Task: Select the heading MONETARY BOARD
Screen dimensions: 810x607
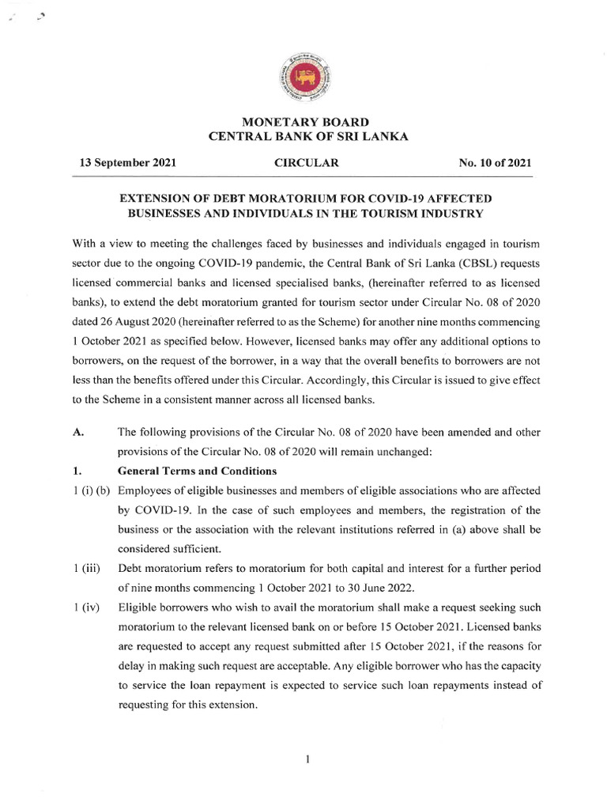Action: pyautogui.click(x=306, y=122)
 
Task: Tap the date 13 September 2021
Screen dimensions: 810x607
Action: pyautogui.click(x=127, y=163)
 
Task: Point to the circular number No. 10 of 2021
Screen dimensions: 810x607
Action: pyautogui.click(x=495, y=163)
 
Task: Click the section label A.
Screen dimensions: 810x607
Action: pyautogui.click(x=77, y=431)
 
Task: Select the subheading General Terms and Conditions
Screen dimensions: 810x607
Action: pyautogui.click(x=197, y=472)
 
